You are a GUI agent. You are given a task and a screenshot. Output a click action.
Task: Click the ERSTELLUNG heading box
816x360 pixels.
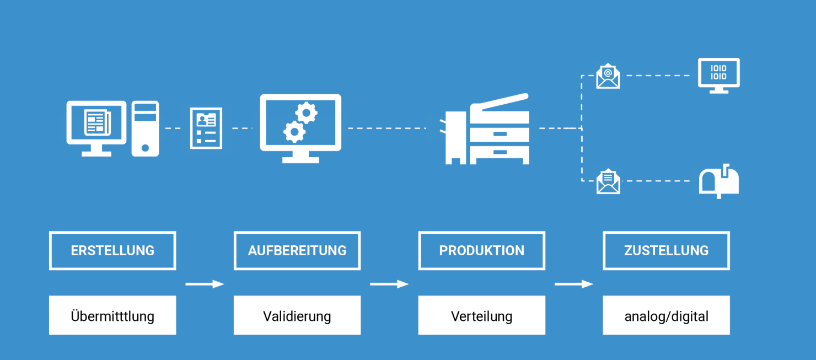pyautogui.click(x=112, y=250)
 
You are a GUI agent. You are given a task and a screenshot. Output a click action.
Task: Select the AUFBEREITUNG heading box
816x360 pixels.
pyautogui.click(x=297, y=250)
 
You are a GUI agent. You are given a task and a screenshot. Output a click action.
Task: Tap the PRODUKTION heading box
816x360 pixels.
pyautogui.click(x=482, y=250)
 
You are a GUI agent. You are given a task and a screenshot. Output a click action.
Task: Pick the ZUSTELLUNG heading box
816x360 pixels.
pyautogui.click(x=666, y=250)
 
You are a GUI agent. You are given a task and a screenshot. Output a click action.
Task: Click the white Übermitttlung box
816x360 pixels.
pyautogui.click(x=112, y=315)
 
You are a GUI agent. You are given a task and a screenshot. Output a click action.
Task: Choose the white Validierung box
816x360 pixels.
pyautogui.click(x=297, y=315)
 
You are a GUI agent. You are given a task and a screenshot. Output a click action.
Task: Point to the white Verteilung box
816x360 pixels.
pyautogui.click(x=482, y=315)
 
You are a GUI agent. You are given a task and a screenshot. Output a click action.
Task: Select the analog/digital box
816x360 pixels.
pyautogui.click(x=666, y=315)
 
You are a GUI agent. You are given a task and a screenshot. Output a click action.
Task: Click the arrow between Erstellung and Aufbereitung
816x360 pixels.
pyautogui.click(x=205, y=284)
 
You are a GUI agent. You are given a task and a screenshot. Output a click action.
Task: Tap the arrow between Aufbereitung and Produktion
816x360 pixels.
pyautogui.click(x=389, y=284)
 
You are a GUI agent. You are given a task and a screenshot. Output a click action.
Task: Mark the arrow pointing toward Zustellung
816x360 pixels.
pyautogui.click(x=573, y=284)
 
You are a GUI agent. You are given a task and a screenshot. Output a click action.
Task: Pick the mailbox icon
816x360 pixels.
pyautogui.click(x=719, y=182)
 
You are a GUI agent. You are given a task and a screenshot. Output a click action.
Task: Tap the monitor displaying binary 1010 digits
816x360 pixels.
pyautogui.click(x=718, y=74)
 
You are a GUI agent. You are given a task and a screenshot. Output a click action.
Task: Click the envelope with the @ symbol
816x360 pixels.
pyautogui.click(x=608, y=76)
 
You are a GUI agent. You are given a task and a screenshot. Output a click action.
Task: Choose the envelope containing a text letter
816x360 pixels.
pyautogui.click(x=608, y=181)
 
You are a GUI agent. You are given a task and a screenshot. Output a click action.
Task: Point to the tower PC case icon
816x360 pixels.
pyautogui.click(x=145, y=128)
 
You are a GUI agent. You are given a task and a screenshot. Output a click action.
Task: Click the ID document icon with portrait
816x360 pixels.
pyautogui.click(x=206, y=128)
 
